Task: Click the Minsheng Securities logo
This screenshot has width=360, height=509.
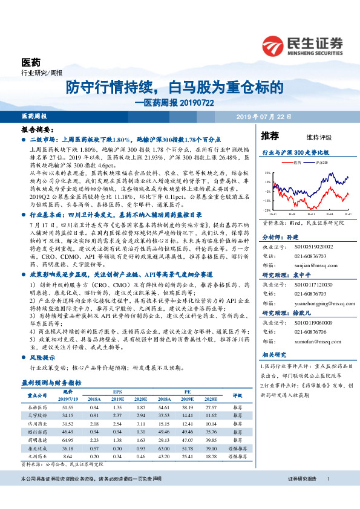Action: (303, 45)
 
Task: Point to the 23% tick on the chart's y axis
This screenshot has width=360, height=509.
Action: (267, 173)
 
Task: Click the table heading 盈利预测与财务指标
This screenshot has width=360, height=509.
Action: (51, 383)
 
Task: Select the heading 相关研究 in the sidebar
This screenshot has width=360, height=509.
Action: (275, 355)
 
